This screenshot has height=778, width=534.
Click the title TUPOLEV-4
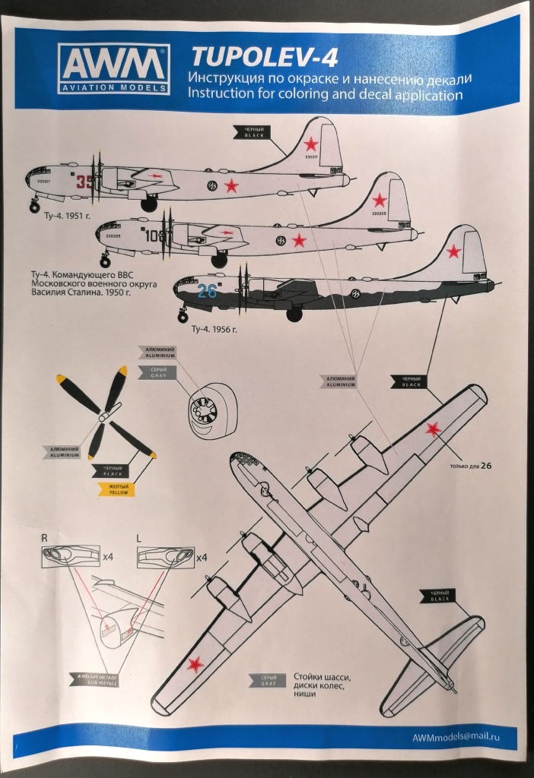tap(243, 56)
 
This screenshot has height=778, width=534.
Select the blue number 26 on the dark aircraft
tap(207, 290)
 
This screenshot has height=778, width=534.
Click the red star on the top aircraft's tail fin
tap(310, 144)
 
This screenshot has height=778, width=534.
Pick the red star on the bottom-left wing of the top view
tap(195, 664)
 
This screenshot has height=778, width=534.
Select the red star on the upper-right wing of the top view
tap(434, 429)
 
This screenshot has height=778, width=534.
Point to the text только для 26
tap(472, 466)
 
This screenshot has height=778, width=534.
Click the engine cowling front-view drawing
tap(205, 412)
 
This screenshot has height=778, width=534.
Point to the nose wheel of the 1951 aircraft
tap(35, 205)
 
